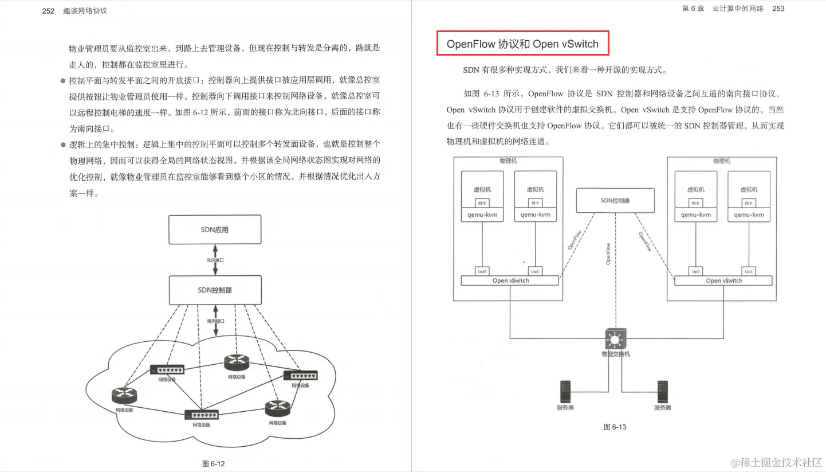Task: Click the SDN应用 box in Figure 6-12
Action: pyautogui.click(x=214, y=229)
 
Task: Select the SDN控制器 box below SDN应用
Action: pyautogui.click(x=214, y=290)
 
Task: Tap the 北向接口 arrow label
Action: pyautogui.click(x=215, y=260)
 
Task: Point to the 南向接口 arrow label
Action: pyautogui.click(x=215, y=321)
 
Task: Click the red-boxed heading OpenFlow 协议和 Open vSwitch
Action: pyautogui.click(x=522, y=44)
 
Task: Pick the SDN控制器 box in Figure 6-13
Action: pyautogui.click(x=615, y=201)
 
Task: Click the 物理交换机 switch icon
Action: pyautogui.click(x=615, y=339)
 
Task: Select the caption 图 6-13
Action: pyautogui.click(x=615, y=427)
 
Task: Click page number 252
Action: pyautogui.click(x=48, y=11)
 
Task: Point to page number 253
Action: pyautogui.click(x=778, y=9)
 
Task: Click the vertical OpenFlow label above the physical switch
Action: pyautogui.click(x=608, y=253)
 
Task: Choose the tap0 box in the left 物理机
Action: pyautogui.click(x=482, y=271)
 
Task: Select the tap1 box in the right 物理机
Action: pyautogui.click(x=748, y=271)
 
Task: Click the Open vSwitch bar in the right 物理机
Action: pyautogui.click(x=723, y=280)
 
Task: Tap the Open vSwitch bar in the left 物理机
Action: pyautogui.click(x=510, y=280)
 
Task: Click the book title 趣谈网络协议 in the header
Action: pyautogui.click(x=85, y=11)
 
